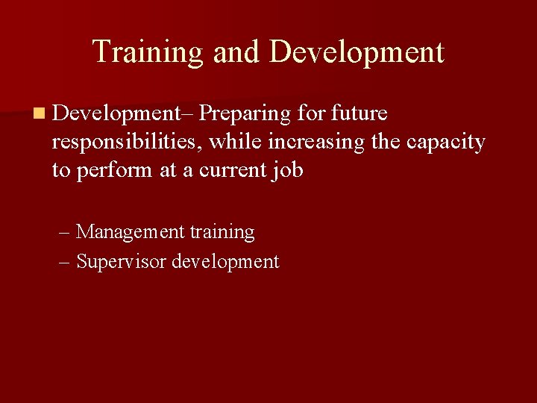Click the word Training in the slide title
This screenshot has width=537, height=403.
[148, 52]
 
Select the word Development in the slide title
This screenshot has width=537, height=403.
[357, 52]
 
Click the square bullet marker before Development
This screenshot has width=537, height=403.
[37, 114]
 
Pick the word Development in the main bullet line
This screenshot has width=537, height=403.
[117, 113]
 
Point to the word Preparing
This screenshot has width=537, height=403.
[245, 113]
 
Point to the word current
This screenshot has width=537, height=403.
[227, 170]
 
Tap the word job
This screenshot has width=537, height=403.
[287, 170]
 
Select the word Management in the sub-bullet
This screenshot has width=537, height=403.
[130, 232]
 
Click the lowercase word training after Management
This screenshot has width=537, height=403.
[222, 232]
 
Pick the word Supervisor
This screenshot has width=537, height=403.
[122, 262]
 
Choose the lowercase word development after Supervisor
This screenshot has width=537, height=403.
[225, 262]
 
